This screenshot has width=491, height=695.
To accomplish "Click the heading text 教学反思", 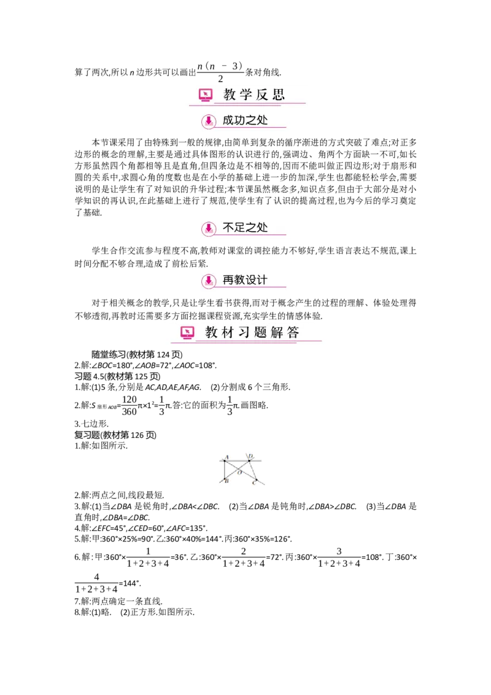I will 254,95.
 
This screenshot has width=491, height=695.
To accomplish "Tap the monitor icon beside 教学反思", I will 206,95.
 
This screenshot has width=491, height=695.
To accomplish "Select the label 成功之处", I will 245,120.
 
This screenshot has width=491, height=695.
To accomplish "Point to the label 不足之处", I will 245,228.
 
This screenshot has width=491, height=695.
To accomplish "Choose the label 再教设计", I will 245,280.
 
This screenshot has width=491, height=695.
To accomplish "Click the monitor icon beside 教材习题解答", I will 187,333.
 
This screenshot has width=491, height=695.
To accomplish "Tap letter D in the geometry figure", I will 252,456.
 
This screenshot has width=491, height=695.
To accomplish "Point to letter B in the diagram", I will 227,481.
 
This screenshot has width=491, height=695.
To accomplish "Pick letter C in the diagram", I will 253,484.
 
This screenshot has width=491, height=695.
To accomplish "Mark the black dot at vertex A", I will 225,460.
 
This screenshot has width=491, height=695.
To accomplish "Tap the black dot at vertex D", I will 249,460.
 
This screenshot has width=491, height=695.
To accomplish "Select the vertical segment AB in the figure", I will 225,470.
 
